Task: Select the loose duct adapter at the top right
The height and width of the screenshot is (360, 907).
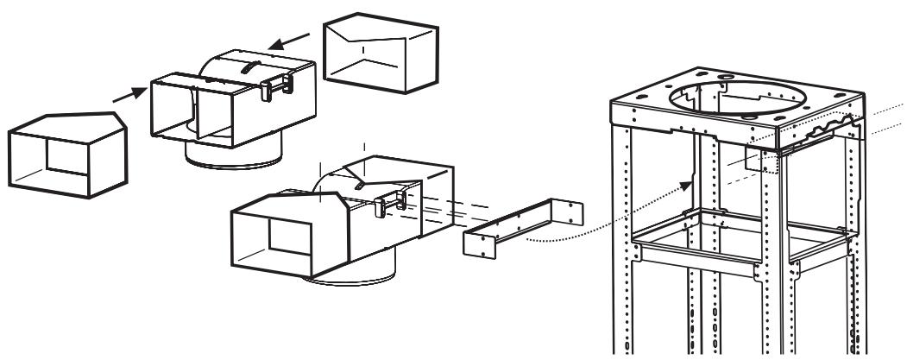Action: tap(380, 54)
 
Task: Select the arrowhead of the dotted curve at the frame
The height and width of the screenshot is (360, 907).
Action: tap(690, 183)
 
